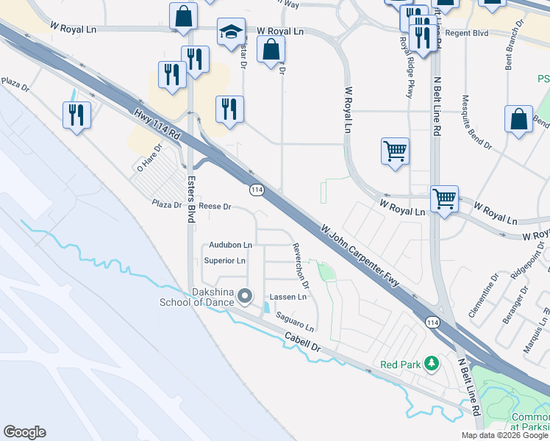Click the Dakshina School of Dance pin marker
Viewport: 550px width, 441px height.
click(x=246, y=297)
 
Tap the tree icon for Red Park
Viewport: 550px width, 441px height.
click(x=433, y=363)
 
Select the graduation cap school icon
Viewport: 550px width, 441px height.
click(x=231, y=32)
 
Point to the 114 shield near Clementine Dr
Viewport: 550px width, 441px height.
click(x=432, y=323)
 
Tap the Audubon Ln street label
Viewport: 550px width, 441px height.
click(x=230, y=244)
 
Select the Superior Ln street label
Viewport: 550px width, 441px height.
click(x=224, y=261)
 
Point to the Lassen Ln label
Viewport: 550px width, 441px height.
click(x=287, y=297)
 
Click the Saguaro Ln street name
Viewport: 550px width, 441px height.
click(x=295, y=320)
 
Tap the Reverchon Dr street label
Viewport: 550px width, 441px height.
click(x=301, y=265)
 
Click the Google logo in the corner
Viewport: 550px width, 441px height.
click(x=24, y=432)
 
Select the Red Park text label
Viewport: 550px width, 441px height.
click(x=398, y=365)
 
